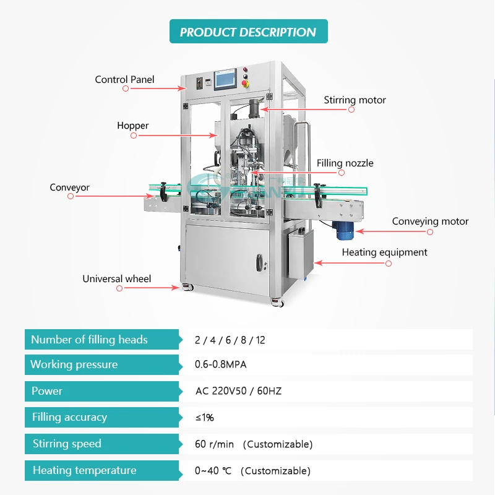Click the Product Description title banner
(x=248, y=32)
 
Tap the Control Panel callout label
(x=124, y=79)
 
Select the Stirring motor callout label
(x=355, y=100)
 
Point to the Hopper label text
(x=133, y=126)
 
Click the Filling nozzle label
(x=345, y=163)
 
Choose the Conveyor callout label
(x=70, y=187)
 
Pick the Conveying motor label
(x=430, y=221)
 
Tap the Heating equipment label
(x=384, y=252)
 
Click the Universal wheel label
(x=117, y=278)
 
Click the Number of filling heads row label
(x=90, y=339)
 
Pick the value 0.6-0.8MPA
(x=221, y=364)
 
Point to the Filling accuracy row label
(x=69, y=418)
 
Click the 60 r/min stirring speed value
(x=254, y=444)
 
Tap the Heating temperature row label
(x=85, y=470)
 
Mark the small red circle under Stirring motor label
(x=351, y=110)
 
